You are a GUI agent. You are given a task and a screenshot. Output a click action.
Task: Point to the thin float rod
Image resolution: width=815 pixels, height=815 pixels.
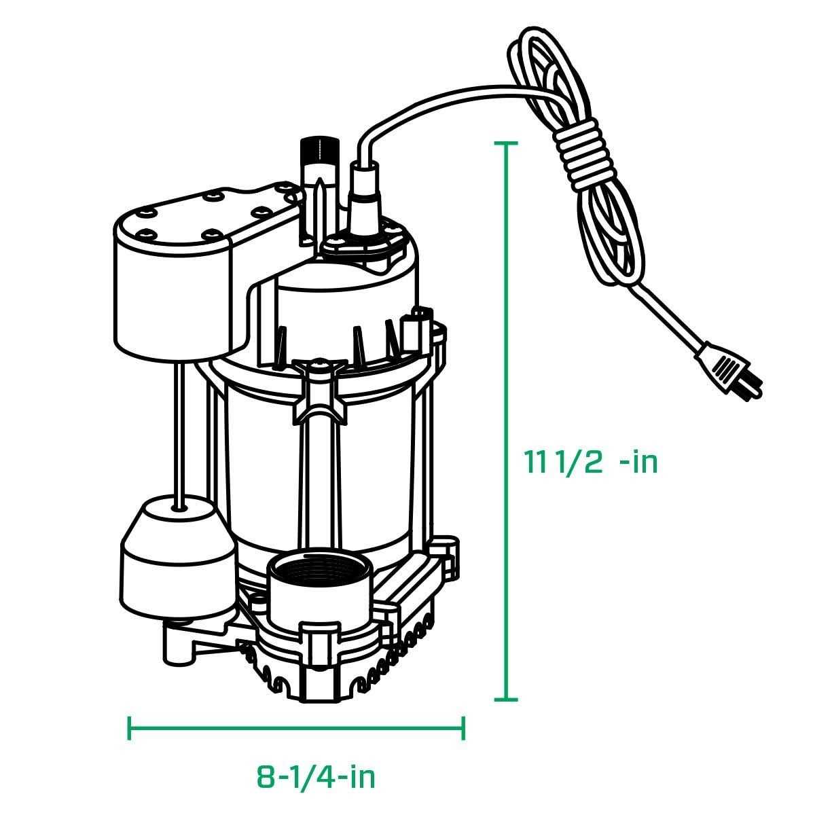[179, 428]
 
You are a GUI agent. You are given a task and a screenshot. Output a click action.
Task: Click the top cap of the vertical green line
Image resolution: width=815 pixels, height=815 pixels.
[506, 143]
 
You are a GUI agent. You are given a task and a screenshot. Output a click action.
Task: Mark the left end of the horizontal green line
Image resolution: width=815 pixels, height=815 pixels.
[130, 727]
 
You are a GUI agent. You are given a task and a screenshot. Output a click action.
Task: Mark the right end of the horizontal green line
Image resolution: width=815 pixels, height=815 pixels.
[464, 727]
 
